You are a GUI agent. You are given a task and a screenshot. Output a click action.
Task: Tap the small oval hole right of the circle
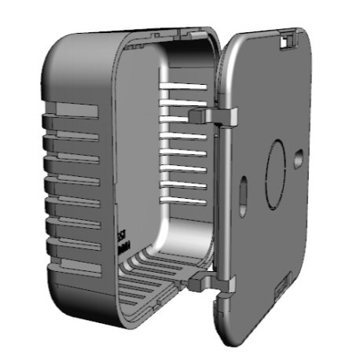298,160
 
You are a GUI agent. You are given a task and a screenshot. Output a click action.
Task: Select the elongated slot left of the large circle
243,191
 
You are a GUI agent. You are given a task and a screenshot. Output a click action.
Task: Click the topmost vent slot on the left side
72,110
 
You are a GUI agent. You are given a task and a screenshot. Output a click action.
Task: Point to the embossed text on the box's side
123,241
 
